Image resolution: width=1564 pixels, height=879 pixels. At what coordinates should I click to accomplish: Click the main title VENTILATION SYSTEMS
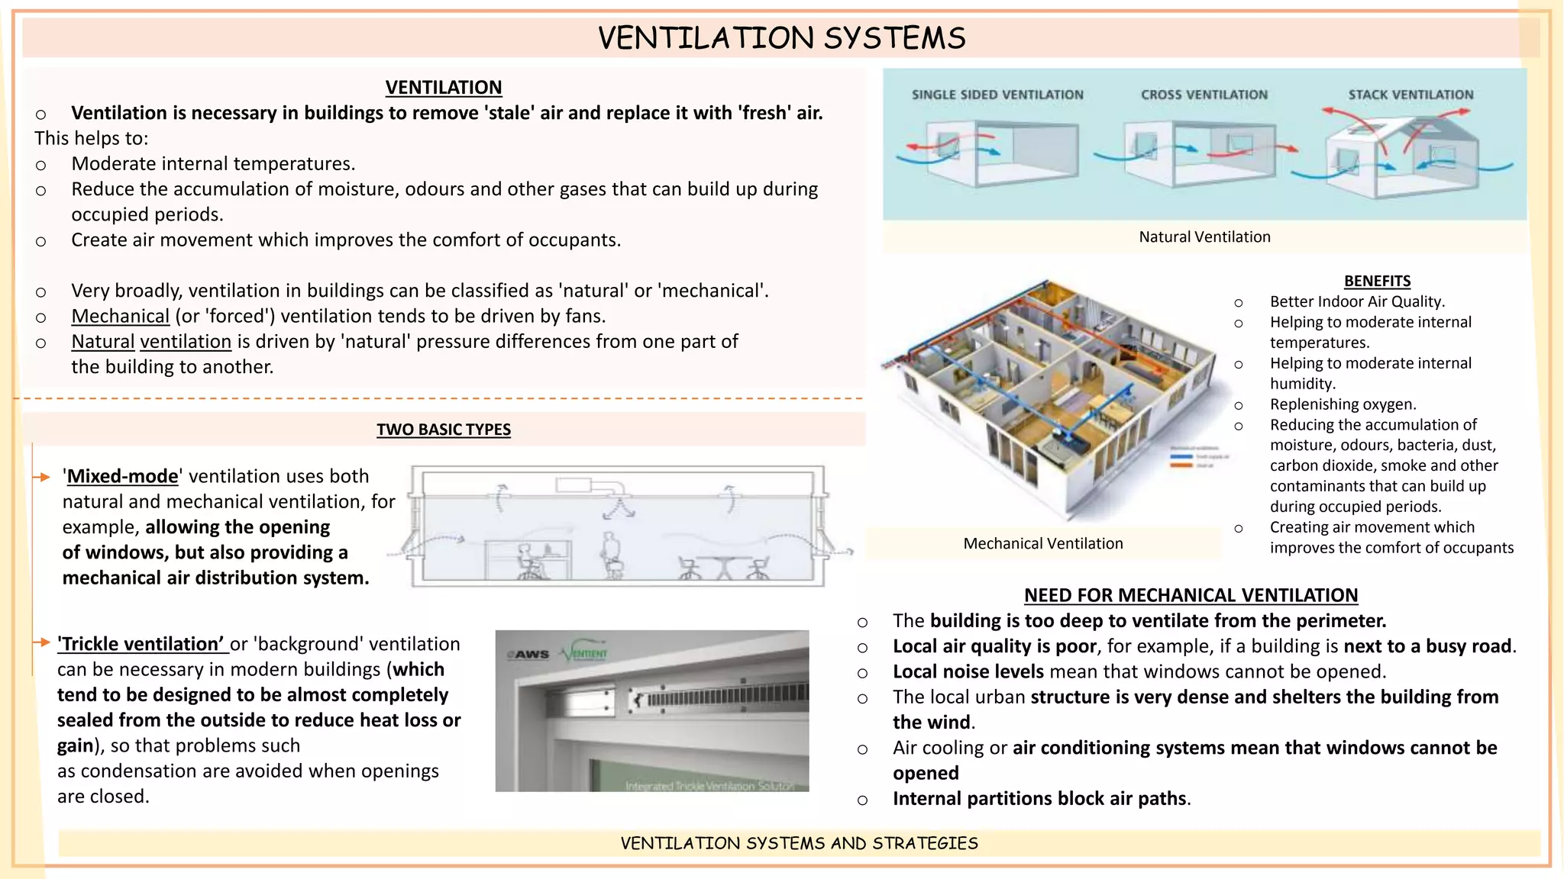(x=781, y=38)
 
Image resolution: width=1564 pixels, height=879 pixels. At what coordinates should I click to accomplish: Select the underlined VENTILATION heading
(x=443, y=88)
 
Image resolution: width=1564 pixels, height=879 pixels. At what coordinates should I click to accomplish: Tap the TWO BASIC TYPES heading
(x=443, y=430)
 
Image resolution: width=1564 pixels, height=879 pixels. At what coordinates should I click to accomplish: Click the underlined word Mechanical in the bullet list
(x=120, y=317)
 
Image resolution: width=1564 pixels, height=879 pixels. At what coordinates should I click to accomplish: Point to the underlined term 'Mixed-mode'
(x=121, y=477)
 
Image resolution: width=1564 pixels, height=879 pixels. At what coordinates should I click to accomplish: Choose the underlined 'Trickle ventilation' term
(x=142, y=645)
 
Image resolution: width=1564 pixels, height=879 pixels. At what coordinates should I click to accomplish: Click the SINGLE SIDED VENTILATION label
(x=997, y=95)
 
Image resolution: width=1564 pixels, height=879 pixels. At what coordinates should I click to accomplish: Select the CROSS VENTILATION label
(x=1204, y=95)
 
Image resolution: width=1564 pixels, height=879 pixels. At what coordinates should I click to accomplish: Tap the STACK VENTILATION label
(x=1410, y=95)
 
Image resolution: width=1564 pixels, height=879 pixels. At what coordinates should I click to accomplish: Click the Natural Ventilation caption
(x=1204, y=237)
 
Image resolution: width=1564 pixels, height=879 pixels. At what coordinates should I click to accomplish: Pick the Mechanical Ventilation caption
(x=1042, y=544)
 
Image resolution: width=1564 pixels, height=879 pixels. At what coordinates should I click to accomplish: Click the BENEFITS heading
(x=1377, y=281)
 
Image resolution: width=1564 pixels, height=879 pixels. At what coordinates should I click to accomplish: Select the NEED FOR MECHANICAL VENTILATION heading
(x=1191, y=595)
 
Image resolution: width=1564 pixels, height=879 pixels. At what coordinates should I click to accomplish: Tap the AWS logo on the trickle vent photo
(x=532, y=655)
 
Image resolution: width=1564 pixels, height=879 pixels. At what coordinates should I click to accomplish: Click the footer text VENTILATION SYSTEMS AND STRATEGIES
(x=799, y=843)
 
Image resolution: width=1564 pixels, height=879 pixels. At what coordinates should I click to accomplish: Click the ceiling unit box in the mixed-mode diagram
(x=573, y=485)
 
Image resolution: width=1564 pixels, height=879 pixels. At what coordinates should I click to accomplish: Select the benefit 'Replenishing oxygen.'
(x=1343, y=404)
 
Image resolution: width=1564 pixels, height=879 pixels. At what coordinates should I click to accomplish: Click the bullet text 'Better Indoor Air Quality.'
(x=1357, y=302)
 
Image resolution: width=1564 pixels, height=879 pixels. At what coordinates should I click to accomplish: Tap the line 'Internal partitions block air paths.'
(x=1042, y=799)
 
